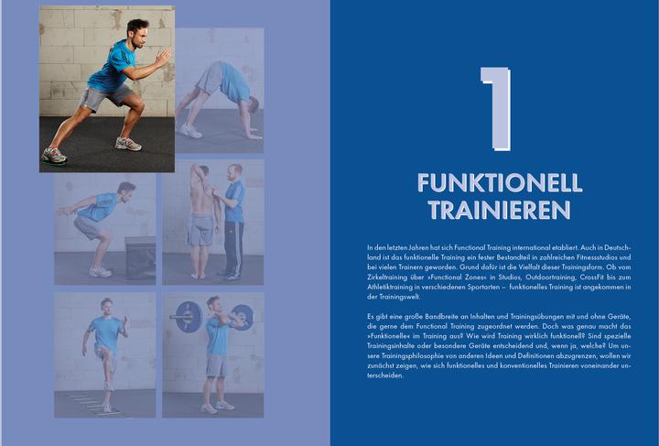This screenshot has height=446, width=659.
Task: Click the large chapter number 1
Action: tap(494, 107)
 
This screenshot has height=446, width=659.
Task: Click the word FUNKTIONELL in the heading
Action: tap(494, 182)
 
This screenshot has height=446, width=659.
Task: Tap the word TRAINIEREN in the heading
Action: tap(494, 210)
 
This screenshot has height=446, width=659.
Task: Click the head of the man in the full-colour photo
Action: tap(136, 27)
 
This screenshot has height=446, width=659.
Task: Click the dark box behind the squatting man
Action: tap(140, 256)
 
